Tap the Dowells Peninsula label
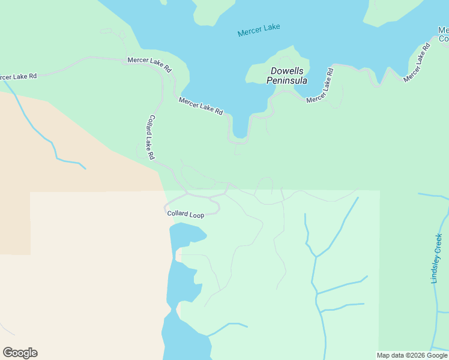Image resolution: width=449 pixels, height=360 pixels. pyautogui.click(x=287, y=76)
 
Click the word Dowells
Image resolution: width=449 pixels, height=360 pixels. pyautogui.click(x=287, y=71)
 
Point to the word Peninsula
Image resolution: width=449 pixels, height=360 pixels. pyautogui.click(x=287, y=80)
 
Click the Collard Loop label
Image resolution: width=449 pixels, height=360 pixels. pyautogui.click(x=185, y=214)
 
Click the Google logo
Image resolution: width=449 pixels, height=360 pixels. pyautogui.click(x=20, y=353)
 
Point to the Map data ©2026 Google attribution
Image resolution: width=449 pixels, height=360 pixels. pyautogui.click(x=411, y=355)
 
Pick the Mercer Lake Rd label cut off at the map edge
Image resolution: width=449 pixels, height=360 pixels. pyautogui.click(x=18, y=77)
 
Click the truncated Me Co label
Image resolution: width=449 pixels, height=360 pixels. pyautogui.click(x=443, y=34)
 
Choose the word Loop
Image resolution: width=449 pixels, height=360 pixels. pyautogui.click(x=197, y=215)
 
